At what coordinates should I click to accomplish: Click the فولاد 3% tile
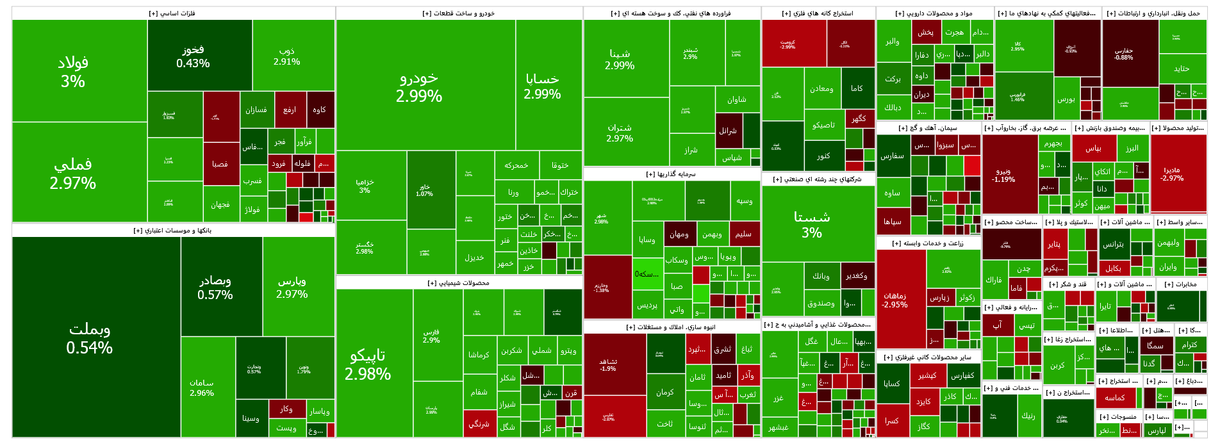[x=73, y=71]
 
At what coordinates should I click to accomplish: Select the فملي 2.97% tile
[x=73, y=173]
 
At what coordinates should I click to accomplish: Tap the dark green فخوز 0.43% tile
[x=193, y=56]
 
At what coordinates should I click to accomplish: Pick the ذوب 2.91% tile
[x=286, y=56]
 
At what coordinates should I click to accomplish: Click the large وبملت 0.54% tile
[x=90, y=338]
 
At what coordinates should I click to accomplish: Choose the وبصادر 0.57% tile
[x=215, y=287]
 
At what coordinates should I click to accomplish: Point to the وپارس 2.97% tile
[x=292, y=287]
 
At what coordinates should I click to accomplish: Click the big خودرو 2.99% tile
[x=419, y=86]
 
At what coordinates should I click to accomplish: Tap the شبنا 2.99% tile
[x=620, y=59]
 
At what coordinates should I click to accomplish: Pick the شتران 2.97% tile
[x=620, y=133]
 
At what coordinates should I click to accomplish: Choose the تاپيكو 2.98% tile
[x=368, y=364]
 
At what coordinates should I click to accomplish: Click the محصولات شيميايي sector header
[x=458, y=282]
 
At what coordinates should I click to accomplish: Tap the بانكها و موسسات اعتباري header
[x=172, y=231]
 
